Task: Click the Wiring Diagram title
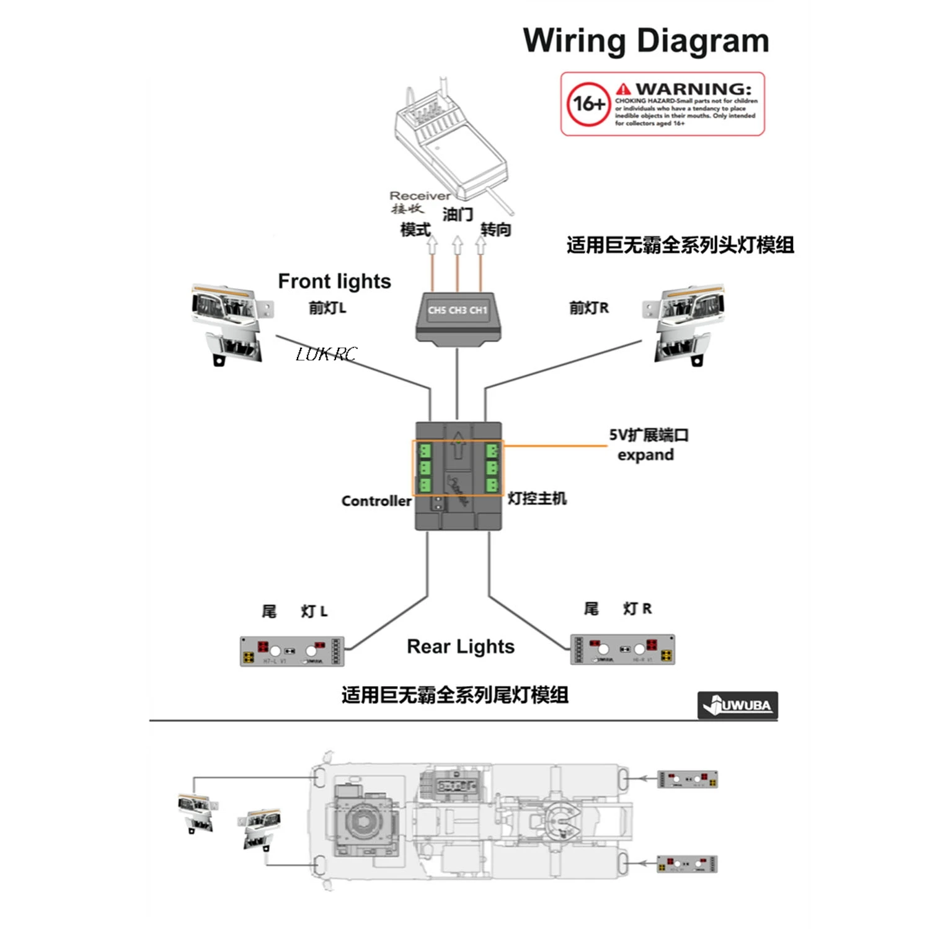click(646, 41)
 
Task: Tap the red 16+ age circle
click(588, 104)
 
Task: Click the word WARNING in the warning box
click(693, 89)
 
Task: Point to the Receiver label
click(420, 196)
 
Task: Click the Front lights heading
click(334, 281)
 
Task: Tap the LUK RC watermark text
click(326, 354)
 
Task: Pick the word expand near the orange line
click(645, 455)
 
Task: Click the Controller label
click(376, 501)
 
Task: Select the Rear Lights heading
click(461, 646)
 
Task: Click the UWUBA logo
click(738, 705)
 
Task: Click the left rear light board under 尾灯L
click(292, 651)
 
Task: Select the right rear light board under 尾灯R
click(622, 649)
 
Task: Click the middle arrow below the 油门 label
click(458, 245)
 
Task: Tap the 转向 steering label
click(496, 230)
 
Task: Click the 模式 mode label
click(415, 230)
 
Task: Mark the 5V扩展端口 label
click(649, 435)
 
